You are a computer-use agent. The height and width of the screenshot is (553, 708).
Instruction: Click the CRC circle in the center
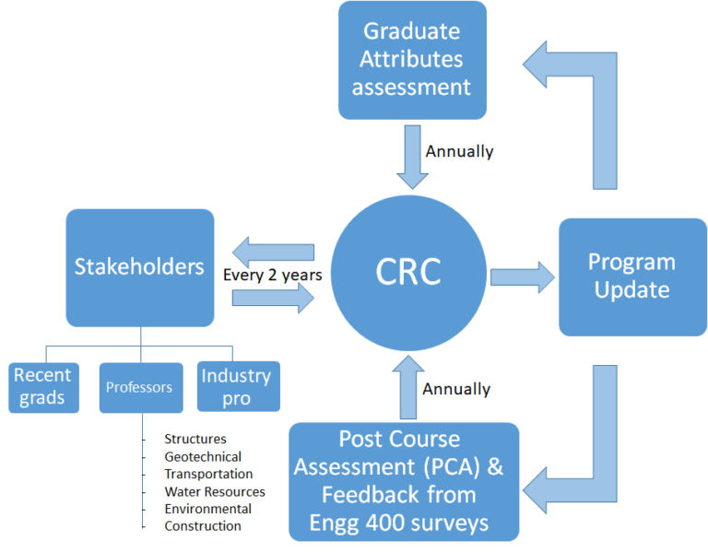pos(408,272)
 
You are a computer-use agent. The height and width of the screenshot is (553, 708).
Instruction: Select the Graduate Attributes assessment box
pos(412,60)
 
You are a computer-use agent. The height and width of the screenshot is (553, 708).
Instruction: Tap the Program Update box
pos(631,276)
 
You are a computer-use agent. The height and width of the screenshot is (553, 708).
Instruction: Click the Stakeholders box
pos(139,267)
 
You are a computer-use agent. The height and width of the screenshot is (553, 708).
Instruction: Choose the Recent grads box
pos(44,387)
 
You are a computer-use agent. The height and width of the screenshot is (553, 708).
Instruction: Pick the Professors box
pos(139,387)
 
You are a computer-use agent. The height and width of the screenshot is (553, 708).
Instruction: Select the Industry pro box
pos(238,386)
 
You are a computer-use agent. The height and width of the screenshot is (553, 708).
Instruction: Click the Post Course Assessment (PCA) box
pos(404,481)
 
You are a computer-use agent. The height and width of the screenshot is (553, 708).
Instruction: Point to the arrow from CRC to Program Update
pos(522,276)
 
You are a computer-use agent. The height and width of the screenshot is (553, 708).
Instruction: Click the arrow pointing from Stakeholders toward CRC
pos(273,298)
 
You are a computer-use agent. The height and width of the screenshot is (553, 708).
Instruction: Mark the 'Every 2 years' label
pos(272,275)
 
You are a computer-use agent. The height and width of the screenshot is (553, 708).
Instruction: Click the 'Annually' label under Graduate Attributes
pos(459,151)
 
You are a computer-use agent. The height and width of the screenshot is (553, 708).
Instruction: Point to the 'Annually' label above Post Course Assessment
pos(456,389)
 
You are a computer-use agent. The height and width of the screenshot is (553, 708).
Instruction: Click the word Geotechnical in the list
pos(203,456)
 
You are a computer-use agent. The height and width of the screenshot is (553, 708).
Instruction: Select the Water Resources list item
pos(215,491)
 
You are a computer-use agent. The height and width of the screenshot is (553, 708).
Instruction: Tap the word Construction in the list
pos(203,526)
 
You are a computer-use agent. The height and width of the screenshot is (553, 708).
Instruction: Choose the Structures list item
pos(195,439)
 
